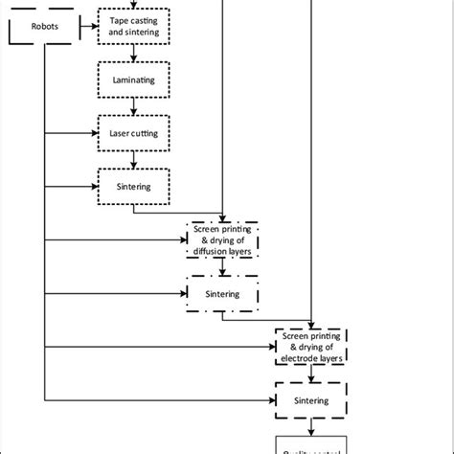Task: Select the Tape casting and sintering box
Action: point(134,26)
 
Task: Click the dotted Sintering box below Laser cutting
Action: point(134,185)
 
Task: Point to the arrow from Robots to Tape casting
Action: point(83,27)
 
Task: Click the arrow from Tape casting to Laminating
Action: point(134,54)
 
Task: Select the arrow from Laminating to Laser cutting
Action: point(134,106)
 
